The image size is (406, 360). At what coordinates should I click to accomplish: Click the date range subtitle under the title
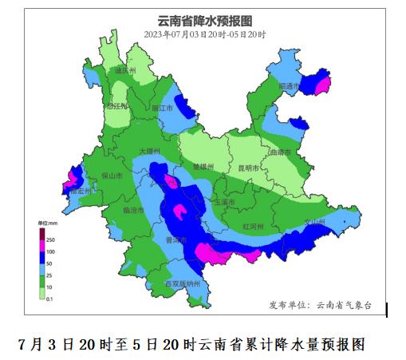click(205, 34)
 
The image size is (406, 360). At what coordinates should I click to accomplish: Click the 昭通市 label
click(289, 85)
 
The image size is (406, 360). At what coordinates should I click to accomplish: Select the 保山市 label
click(112, 176)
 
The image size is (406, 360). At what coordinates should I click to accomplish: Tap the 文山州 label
click(317, 221)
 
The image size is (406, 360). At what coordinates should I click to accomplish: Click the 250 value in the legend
click(49, 239)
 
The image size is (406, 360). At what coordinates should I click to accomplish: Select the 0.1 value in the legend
click(49, 299)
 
